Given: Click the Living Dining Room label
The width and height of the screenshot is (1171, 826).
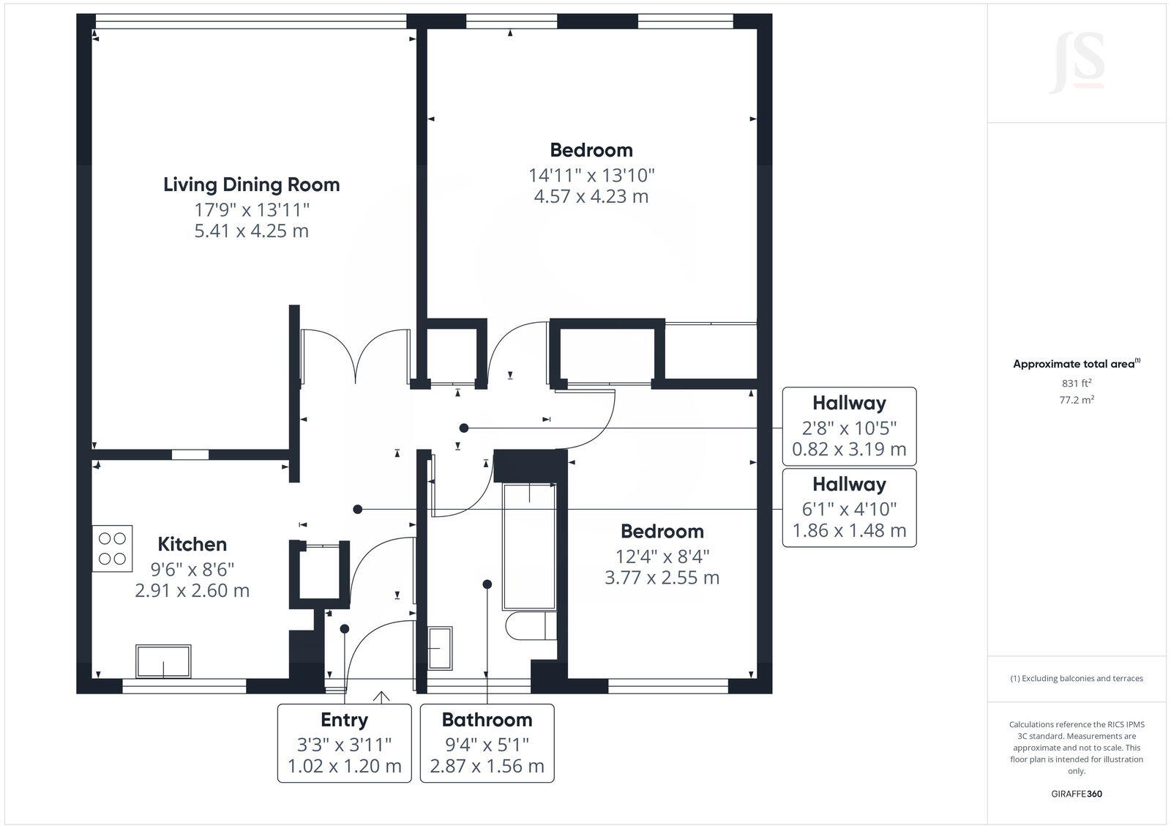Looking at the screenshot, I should (251, 185).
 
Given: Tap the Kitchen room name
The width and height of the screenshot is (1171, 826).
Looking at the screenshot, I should (192, 544).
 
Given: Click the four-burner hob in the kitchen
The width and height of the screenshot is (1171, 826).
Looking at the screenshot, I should (112, 548).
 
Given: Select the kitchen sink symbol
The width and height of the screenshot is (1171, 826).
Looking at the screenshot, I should (163, 661).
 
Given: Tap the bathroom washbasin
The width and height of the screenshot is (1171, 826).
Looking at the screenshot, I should (440, 648).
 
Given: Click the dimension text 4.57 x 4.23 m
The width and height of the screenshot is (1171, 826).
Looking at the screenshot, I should (591, 196).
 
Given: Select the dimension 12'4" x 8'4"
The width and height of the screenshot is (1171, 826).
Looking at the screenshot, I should (662, 557).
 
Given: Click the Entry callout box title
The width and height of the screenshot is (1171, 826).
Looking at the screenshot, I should (344, 720).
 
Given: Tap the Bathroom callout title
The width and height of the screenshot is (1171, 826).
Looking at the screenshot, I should (487, 720).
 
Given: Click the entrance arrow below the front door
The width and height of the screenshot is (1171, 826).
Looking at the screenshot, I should (381, 696).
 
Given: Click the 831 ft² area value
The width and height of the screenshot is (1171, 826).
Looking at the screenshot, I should (1077, 383).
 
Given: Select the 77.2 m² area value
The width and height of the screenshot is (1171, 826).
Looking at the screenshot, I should (1077, 400).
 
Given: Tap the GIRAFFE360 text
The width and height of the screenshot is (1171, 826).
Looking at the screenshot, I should (1077, 794).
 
